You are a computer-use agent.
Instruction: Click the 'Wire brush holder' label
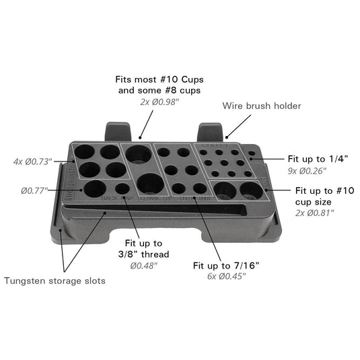point(262,106)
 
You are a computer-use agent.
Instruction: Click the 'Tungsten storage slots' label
point(55,281)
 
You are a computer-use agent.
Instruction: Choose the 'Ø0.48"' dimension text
point(143,265)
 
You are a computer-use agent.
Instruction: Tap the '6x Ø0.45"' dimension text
point(227,277)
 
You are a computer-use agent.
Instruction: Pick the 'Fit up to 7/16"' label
point(227,264)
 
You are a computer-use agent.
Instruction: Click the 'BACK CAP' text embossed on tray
point(116,199)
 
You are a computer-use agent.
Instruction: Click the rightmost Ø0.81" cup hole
point(251,190)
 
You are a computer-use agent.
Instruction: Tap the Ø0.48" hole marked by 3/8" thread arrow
point(122,189)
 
